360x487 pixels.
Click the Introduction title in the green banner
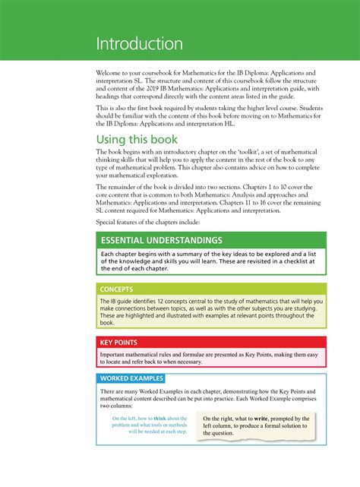[x=139, y=44]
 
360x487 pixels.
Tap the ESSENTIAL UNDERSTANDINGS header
[x=161, y=241]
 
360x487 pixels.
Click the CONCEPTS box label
[x=117, y=289]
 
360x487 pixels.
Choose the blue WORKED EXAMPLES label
[x=131, y=378]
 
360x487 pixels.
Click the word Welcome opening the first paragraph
[x=111, y=73]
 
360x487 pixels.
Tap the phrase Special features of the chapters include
[x=146, y=222]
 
